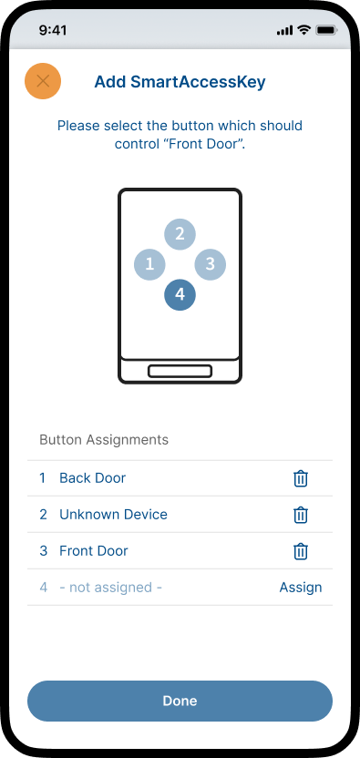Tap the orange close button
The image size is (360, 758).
click(43, 81)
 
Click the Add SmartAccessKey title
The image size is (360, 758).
click(180, 82)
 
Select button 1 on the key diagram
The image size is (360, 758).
click(149, 264)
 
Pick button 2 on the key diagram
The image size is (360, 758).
click(180, 234)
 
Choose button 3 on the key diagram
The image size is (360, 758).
click(210, 264)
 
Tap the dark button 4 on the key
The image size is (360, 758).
click(180, 294)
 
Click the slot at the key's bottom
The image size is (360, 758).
click(180, 372)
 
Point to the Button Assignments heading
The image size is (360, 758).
click(104, 440)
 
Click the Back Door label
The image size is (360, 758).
click(92, 478)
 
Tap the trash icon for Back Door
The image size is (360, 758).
click(301, 478)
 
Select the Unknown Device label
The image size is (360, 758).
click(113, 515)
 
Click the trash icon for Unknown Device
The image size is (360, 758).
click(301, 515)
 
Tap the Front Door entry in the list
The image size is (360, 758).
click(94, 550)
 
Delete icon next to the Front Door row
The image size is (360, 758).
click(301, 551)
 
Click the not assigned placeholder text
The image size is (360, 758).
click(111, 588)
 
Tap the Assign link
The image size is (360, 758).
click(301, 588)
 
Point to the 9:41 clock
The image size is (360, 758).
click(53, 30)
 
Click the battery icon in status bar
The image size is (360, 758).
click(326, 30)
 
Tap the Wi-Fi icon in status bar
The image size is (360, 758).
click(303, 30)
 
